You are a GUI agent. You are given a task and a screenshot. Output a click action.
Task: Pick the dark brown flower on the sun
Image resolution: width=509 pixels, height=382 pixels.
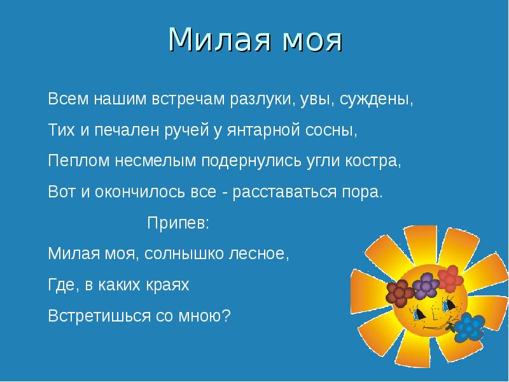point(401,292)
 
